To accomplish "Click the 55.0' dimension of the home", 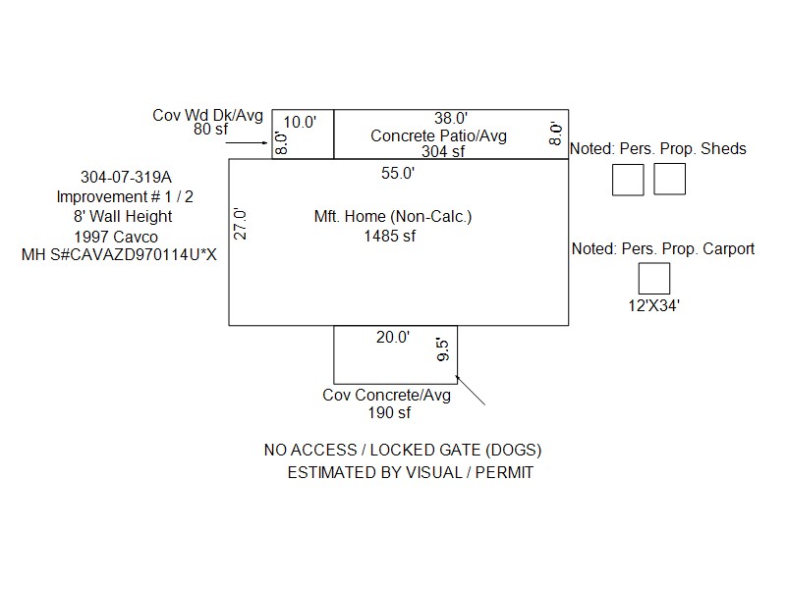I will coord(398,174).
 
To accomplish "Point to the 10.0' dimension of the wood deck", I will coord(301,123).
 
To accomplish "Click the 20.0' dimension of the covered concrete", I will coord(392,338).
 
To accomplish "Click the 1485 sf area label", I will coord(390,236).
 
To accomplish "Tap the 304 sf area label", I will coord(443,151).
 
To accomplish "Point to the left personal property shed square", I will coord(628,180).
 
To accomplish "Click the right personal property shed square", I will coord(669,180).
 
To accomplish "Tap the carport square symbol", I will coord(653,279).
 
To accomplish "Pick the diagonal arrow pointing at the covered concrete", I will coord(472,390).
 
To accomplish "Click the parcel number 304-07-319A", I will coord(126,178).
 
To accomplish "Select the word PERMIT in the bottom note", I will coord(502,472).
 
